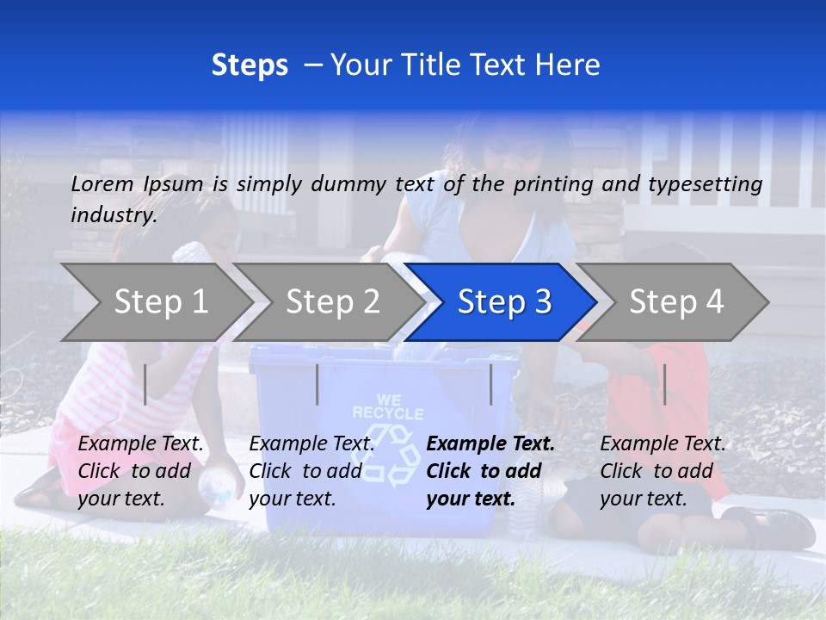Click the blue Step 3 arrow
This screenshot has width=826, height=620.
click(503, 301)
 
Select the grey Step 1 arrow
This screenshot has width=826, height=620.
click(161, 301)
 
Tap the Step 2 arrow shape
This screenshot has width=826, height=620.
click(333, 301)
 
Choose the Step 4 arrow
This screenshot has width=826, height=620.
click(676, 301)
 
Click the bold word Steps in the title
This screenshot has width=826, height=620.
click(250, 65)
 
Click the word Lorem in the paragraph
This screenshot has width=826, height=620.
click(102, 183)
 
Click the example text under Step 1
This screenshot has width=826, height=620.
click(141, 470)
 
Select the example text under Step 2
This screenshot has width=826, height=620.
click(311, 470)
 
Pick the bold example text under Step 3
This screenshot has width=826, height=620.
click(490, 470)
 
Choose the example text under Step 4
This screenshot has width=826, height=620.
click(663, 470)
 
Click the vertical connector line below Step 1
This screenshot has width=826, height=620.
click(145, 384)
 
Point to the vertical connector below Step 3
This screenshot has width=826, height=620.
click(491, 384)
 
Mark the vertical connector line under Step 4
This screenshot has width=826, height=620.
click(664, 384)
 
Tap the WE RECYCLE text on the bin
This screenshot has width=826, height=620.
click(388, 406)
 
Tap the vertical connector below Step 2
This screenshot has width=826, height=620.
click(317, 384)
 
